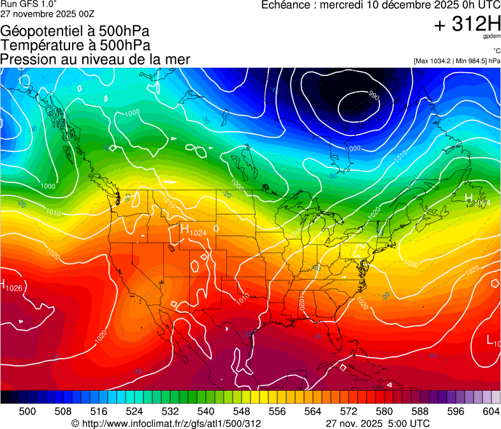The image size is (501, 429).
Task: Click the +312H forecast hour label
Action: (467, 25)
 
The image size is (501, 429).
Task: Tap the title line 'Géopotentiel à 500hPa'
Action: (75, 31)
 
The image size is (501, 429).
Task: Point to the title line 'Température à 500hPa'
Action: (75, 45)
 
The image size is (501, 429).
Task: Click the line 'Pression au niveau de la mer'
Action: (95, 59)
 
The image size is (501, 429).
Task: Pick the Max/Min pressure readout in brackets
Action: (456, 61)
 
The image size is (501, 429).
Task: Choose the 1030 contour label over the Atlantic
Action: (411, 264)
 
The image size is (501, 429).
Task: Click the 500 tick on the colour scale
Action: (27, 411)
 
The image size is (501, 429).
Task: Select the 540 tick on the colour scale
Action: (206, 411)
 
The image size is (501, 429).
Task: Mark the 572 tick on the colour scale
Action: (349, 411)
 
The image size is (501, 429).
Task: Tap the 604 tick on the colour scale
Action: (491, 411)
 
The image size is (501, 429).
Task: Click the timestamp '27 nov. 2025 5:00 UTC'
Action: (377, 423)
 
